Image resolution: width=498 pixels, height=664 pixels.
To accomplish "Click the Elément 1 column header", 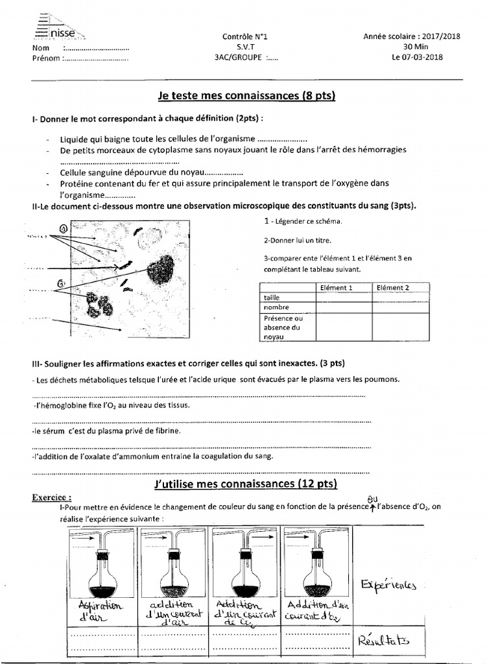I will [x=337, y=287].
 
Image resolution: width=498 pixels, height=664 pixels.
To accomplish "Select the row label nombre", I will [x=276, y=307].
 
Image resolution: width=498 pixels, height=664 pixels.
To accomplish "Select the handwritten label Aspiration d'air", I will [x=99, y=611].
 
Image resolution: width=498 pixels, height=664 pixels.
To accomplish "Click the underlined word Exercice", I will [x=51, y=497].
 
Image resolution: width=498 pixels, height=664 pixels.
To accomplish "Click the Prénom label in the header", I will [x=45, y=58].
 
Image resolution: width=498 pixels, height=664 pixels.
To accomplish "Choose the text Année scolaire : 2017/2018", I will [x=412, y=37].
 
